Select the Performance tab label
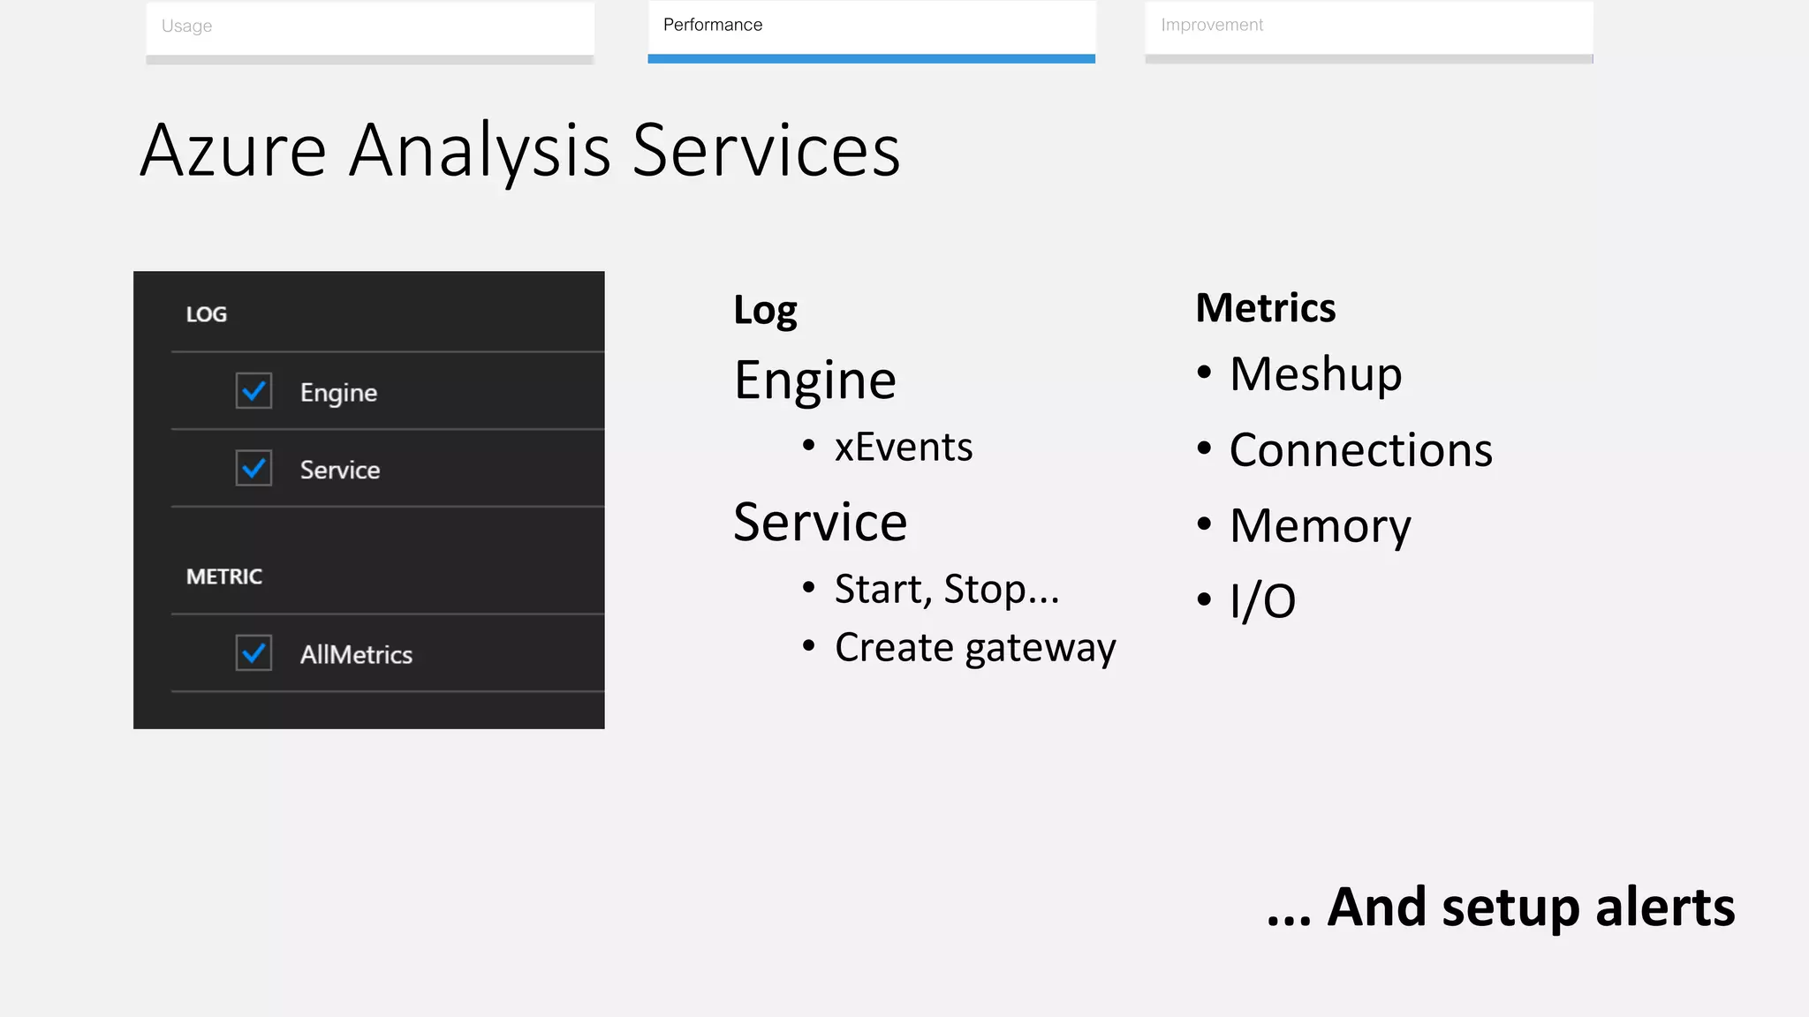point(713,26)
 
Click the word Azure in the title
point(233,150)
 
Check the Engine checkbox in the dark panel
point(254,391)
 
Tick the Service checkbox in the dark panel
point(254,469)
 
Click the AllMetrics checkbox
point(254,653)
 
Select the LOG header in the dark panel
point(207,314)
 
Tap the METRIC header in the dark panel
point(224,576)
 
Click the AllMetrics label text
point(356,654)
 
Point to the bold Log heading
point(765,311)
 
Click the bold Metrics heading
point(1265,308)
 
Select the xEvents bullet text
point(904,447)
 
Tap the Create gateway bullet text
point(975,648)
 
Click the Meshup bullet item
point(1315,373)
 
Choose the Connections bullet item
point(1360,450)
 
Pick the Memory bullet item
point(1320,526)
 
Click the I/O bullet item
point(1262,601)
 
